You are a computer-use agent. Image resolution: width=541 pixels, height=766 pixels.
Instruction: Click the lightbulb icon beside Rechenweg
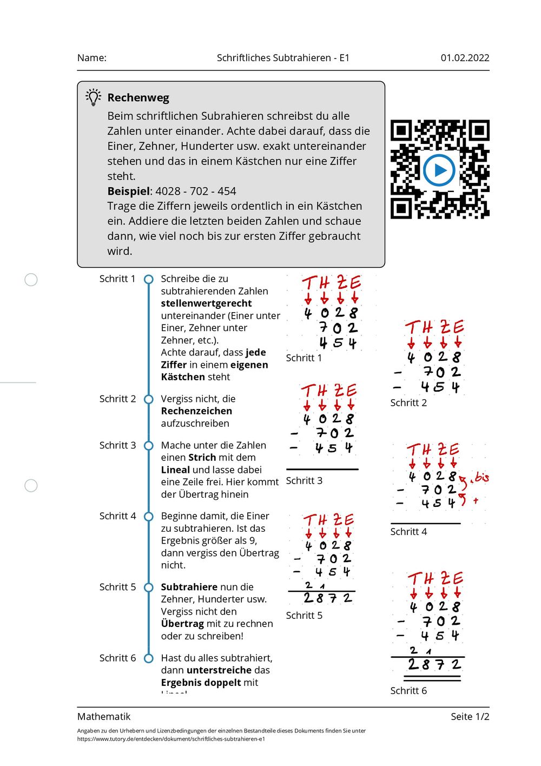coord(93,97)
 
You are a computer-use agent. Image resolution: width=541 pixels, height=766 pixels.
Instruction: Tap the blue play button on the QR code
coord(439,170)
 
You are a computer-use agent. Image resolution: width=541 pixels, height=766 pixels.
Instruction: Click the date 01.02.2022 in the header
coord(465,58)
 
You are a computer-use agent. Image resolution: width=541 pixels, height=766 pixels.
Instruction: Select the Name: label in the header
coord(91,58)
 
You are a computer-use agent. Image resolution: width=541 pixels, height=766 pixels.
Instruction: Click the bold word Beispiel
coord(129,191)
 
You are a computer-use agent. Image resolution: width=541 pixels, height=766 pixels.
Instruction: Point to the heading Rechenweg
coord(138,98)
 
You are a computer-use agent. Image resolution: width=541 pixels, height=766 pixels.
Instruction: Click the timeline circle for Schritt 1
coord(148,279)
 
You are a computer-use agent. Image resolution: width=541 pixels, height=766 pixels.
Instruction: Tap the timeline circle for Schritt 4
coord(148,517)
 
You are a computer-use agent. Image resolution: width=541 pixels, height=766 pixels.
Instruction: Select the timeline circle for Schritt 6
coord(148,658)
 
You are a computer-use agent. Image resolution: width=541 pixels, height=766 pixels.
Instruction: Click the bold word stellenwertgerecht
coord(206,303)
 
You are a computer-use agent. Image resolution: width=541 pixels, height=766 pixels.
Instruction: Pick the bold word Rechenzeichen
coord(196,411)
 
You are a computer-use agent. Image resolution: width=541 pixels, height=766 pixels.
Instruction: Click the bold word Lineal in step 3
coord(175,470)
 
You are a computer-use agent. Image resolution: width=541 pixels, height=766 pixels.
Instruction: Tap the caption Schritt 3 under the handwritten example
coord(304,480)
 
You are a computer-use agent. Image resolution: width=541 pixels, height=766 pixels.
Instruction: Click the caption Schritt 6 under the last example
coord(408,690)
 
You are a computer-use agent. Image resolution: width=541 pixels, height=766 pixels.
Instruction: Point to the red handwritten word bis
coord(481,477)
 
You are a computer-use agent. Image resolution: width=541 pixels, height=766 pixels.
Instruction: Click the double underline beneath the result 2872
coord(432,678)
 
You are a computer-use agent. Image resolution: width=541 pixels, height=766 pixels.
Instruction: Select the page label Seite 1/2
coord(470,716)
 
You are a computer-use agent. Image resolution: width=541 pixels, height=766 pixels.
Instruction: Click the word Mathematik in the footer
coord(104,716)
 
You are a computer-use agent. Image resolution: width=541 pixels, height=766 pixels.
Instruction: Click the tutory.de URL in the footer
coord(171,739)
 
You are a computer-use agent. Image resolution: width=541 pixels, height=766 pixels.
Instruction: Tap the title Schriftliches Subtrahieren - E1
coord(283,58)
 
